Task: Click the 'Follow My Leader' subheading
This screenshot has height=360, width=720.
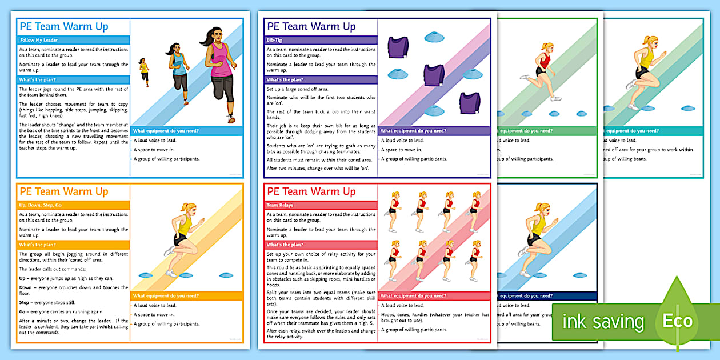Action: click(39, 40)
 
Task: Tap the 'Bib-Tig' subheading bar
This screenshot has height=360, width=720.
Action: click(275, 40)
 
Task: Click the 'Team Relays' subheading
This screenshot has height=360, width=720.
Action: click(280, 205)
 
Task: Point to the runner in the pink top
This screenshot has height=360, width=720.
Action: click(219, 71)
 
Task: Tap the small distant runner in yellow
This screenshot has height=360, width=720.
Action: click(144, 71)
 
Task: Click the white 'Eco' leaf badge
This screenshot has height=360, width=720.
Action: click(677, 321)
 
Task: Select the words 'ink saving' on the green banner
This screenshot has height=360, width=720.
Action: click(603, 321)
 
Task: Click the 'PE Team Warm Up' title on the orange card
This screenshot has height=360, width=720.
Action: click(63, 191)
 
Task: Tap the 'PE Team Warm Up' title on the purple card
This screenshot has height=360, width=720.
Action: click(311, 26)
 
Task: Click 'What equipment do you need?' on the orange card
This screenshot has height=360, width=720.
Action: click(166, 295)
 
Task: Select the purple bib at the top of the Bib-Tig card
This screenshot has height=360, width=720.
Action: click(398, 46)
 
